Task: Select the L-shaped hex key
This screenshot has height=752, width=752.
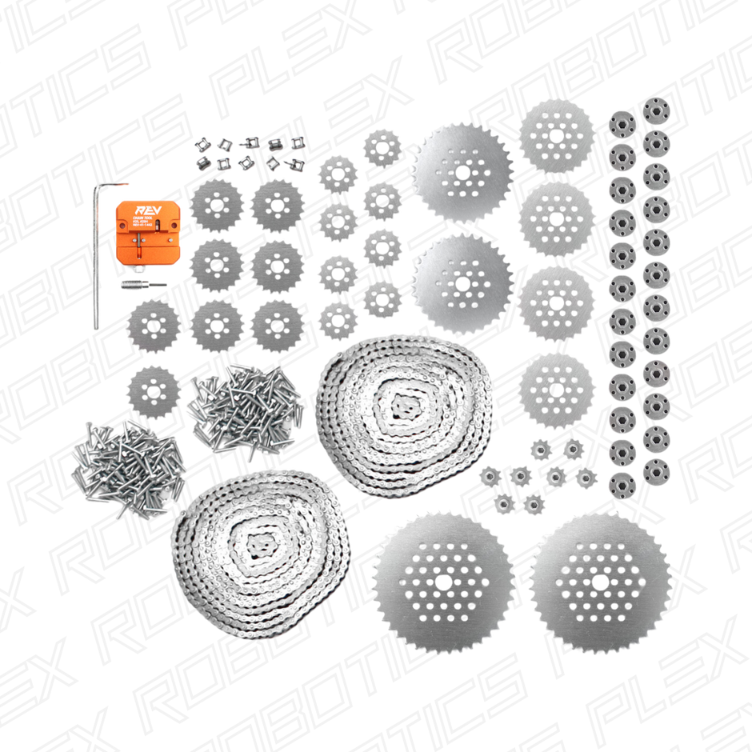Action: tap(96, 256)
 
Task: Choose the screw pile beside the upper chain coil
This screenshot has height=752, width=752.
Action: tap(244, 407)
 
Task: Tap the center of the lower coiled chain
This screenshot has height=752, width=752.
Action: tap(258, 546)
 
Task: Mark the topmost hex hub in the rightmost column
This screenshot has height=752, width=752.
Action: tap(657, 110)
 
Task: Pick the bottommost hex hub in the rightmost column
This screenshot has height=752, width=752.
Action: tap(656, 472)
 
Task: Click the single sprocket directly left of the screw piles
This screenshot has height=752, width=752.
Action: tap(154, 392)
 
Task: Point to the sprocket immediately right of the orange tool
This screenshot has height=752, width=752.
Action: tap(217, 206)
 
